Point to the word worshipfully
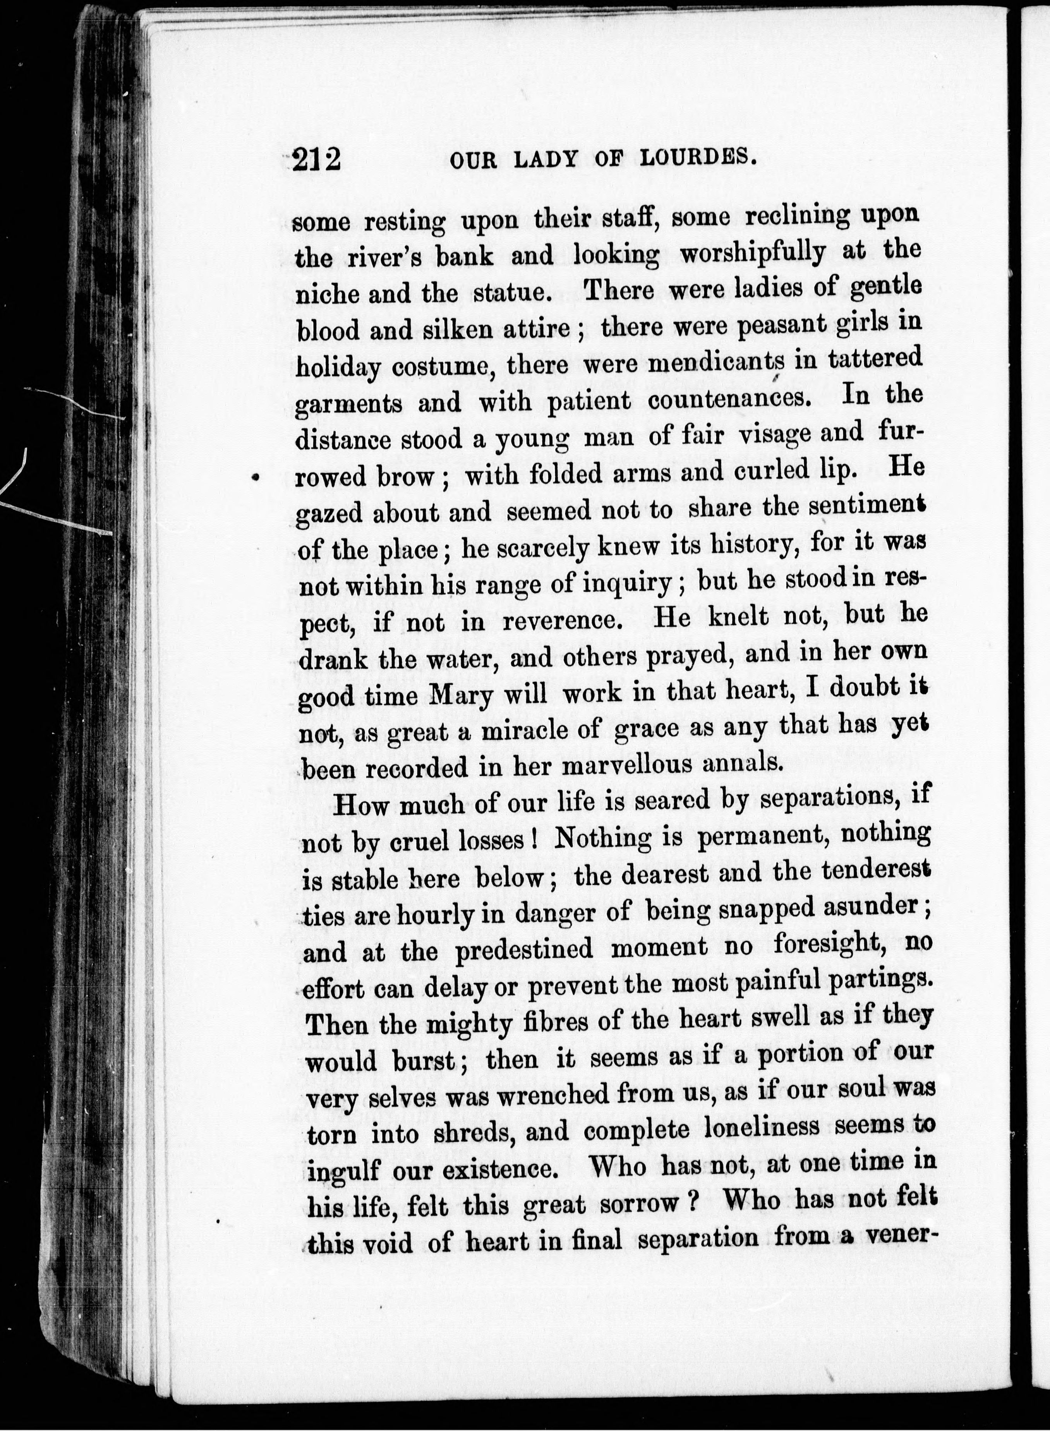pyautogui.click(x=753, y=252)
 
